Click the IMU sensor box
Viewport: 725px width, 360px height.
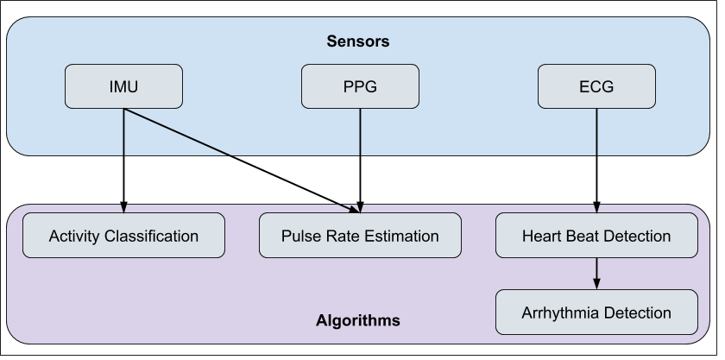[124, 87]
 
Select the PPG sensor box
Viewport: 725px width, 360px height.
[360, 87]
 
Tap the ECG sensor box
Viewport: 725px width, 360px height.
[596, 87]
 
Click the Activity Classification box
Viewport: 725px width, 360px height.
[123, 236]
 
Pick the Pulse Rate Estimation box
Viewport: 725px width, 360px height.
[360, 236]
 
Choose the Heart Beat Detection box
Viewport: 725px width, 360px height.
[596, 236]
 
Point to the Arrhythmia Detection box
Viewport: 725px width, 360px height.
[596, 313]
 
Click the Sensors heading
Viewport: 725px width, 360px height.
[358, 41]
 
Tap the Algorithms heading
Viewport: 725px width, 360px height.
[358, 320]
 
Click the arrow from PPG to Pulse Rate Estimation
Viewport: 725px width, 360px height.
[360, 160]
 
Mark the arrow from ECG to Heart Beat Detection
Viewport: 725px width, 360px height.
[596, 160]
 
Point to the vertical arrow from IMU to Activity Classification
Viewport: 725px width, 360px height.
[123, 160]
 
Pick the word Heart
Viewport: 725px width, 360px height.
[541, 236]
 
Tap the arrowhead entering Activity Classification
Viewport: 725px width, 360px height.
[123, 208]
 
